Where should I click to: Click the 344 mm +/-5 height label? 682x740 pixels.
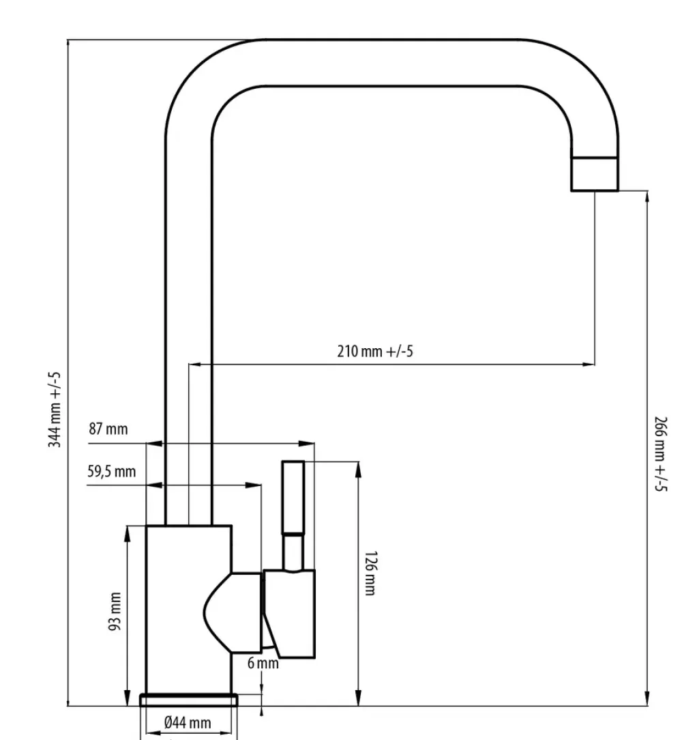coord(55,409)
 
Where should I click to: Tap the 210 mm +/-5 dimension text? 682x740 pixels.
coord(376,352)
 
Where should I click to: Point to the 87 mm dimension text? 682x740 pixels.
coord(108,429)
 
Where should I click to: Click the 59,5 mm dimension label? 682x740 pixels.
coord(111,471)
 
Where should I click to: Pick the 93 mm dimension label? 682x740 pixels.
coord(115,612)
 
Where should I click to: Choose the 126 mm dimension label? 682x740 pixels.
coord(370,573)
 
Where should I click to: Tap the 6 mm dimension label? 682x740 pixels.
coord(263,663)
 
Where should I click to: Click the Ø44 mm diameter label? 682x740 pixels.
coord(188,723)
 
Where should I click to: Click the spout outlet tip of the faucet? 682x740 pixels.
coord(594,173)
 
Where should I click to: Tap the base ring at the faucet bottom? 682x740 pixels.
coord(189,699)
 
